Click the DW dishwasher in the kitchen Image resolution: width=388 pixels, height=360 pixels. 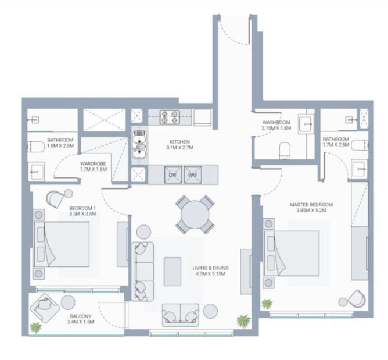[173, 175]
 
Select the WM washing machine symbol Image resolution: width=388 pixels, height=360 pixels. [192, 175]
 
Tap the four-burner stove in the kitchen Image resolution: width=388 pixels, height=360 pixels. [170, 117]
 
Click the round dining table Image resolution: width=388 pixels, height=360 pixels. [195, 215]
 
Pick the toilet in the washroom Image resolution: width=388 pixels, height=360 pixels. [284, 151]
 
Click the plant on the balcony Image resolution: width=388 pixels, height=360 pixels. [35, 327]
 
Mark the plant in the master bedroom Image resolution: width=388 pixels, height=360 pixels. [267, 304]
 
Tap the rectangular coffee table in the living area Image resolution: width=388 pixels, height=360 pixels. [173, 272]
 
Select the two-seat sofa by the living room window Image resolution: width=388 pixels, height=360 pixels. [181, 315]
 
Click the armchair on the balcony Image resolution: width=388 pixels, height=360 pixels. [45, 308]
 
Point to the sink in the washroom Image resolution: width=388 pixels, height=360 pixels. [306, 124]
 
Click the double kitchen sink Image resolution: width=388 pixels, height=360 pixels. [139, 145]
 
